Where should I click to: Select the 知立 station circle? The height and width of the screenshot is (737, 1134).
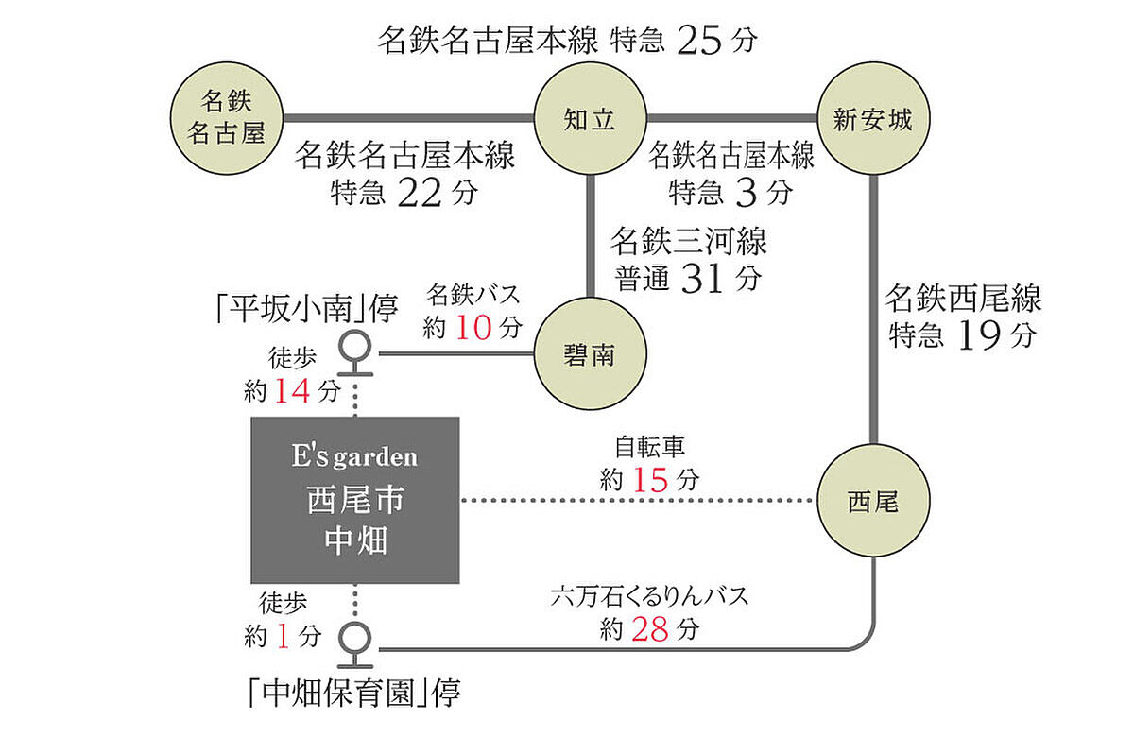coord(590,118)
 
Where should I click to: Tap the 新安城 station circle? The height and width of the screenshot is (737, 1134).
coord(873,118)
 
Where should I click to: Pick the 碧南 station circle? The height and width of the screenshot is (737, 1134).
coord(590,355)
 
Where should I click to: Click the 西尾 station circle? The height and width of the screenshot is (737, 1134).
coord(873,502)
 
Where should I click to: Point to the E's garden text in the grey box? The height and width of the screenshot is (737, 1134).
coord(354,458)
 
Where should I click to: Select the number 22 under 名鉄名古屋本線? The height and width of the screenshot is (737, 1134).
coord(420,192)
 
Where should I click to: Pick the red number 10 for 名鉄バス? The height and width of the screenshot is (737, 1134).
coord(474,327)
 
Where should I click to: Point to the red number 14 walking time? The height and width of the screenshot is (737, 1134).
coord(295,389)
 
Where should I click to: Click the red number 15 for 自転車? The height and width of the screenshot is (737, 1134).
coord(651,478)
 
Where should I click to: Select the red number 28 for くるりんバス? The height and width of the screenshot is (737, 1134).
coord(650,629)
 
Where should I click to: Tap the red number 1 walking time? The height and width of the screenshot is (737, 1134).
coord(283,637)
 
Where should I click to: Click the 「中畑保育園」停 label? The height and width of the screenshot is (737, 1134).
coord(350,695)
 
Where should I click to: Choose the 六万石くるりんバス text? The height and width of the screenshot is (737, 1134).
coord(650,597)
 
